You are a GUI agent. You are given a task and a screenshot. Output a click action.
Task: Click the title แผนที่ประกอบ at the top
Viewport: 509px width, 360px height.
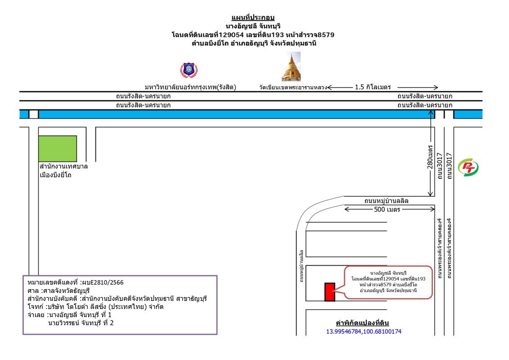coord(252,18)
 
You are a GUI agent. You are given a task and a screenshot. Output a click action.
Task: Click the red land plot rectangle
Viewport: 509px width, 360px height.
coord(330,292)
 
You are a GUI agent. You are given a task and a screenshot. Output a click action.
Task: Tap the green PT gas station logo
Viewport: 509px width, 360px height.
coord(468,167)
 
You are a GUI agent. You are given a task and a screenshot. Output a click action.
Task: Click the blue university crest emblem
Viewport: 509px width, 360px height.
coord(189,70)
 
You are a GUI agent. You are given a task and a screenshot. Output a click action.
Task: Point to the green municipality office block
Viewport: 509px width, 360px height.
coord(58,148)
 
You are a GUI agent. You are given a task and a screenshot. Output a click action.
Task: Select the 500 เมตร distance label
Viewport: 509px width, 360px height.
coord(387,209)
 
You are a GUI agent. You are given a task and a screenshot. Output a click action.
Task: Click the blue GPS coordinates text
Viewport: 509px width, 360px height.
coord(364,332)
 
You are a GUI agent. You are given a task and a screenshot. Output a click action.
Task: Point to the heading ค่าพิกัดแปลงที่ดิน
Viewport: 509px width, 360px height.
coord(362,323)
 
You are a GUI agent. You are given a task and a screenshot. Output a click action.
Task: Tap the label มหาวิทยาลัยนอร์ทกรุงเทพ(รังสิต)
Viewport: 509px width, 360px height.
coord(190,87)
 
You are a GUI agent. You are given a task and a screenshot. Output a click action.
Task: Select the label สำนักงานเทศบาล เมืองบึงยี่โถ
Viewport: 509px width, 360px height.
coord(63,171)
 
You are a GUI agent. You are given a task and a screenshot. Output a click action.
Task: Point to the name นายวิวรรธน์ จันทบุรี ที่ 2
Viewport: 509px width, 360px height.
coord(81,323)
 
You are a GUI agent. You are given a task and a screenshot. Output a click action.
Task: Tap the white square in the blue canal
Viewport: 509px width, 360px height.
coord(34,114)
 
